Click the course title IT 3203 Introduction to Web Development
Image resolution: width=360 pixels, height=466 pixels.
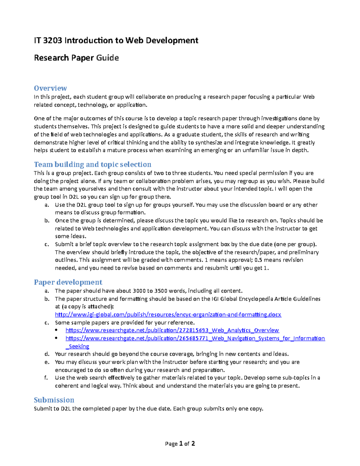tap(116, 41)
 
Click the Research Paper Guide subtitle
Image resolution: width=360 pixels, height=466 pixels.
tap(76, 58)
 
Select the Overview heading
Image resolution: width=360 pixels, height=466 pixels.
tap(50, 88)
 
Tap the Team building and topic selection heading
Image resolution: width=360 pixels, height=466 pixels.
tap(92, 164)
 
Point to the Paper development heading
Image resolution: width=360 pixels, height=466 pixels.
tap(68, 282)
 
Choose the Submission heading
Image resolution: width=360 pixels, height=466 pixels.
tap(54, 400)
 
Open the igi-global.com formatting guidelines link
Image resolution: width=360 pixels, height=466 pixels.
tap(168, 314)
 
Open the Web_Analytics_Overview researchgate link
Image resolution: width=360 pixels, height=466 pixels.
tap(172, 330)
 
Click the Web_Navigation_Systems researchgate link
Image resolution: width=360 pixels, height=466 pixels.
tap(195, 338)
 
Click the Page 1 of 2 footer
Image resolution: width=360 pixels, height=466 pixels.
tap(180, 443)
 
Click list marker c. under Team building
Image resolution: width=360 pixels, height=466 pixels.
tap(46, 244)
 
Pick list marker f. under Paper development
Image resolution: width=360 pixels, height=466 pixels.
tap(46, 378)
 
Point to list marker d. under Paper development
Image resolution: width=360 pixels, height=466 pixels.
tap(46, 354)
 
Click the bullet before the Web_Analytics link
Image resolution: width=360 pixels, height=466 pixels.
tap(57, 330)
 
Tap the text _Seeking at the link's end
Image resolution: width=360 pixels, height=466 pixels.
tap(77, 346)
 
